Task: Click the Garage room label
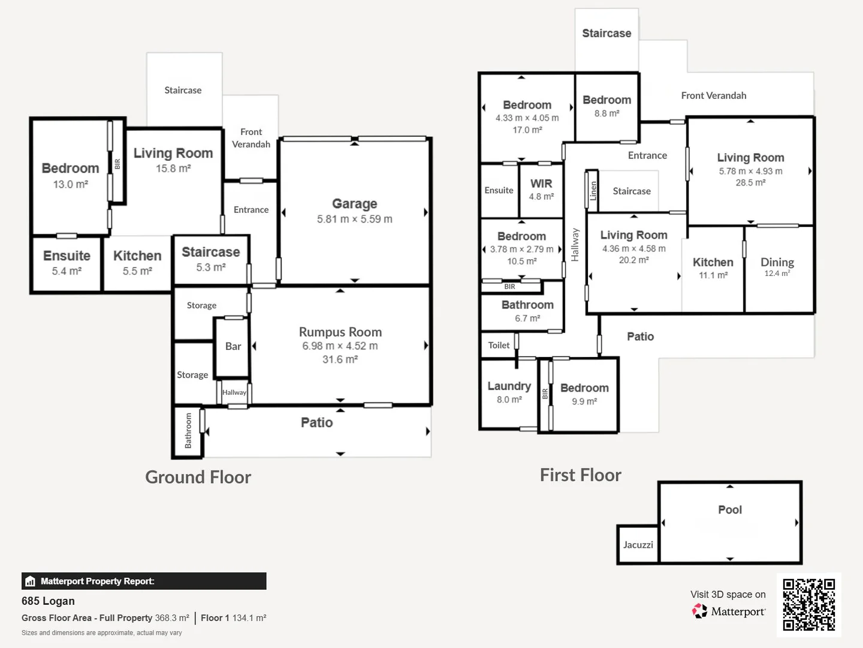click(x=354, y=203)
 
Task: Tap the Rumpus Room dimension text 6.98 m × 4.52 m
click(x=340, y=346)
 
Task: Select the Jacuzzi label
click(x=638, y=545)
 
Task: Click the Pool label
click(x=730, y=509)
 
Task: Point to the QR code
click(x=808, y=604)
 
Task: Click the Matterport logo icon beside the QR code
click(x=699, y=611)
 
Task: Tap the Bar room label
click(x=233, y=346)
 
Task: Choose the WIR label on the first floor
click(x=541, y=184)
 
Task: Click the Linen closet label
click(x=593, y=191)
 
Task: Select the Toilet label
click(x=499, y=345)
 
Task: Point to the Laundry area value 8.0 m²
click(x=509, y=400)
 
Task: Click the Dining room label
click(x=777, y=262)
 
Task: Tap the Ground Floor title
click(x=198, y=477)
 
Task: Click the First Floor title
click(x=580, y=475)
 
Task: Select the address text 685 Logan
click(x=48, y=601)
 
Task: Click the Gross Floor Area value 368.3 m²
click(x=172, y=618)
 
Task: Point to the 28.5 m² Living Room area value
click(x=750, y=182)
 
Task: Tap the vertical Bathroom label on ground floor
click(x=188, y=430)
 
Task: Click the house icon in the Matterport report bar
click(x=31, y=581)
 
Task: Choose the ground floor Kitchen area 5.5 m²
click(x=137, y=271)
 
